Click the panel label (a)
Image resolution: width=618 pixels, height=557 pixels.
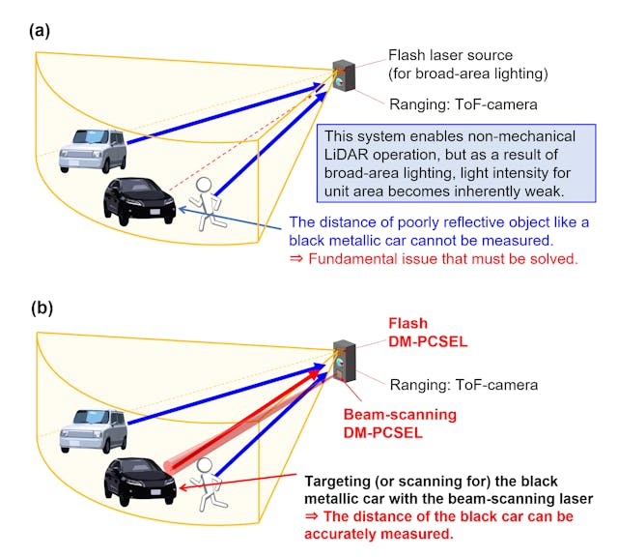click(x=40, y=30)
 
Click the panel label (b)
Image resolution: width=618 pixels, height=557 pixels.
click(x=40, y=309)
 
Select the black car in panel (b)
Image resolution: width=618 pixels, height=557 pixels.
click(x=140, y=480)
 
